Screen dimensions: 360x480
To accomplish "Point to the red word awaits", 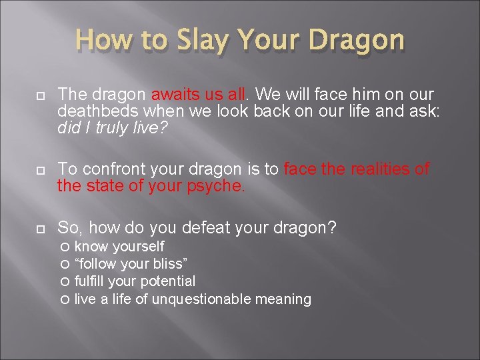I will tap(177, 95).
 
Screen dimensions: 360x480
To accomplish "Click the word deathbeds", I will tap(91, 111).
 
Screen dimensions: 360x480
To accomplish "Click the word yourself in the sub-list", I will tap(137, 247).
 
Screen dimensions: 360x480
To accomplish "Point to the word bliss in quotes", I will tap(169, 264).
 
